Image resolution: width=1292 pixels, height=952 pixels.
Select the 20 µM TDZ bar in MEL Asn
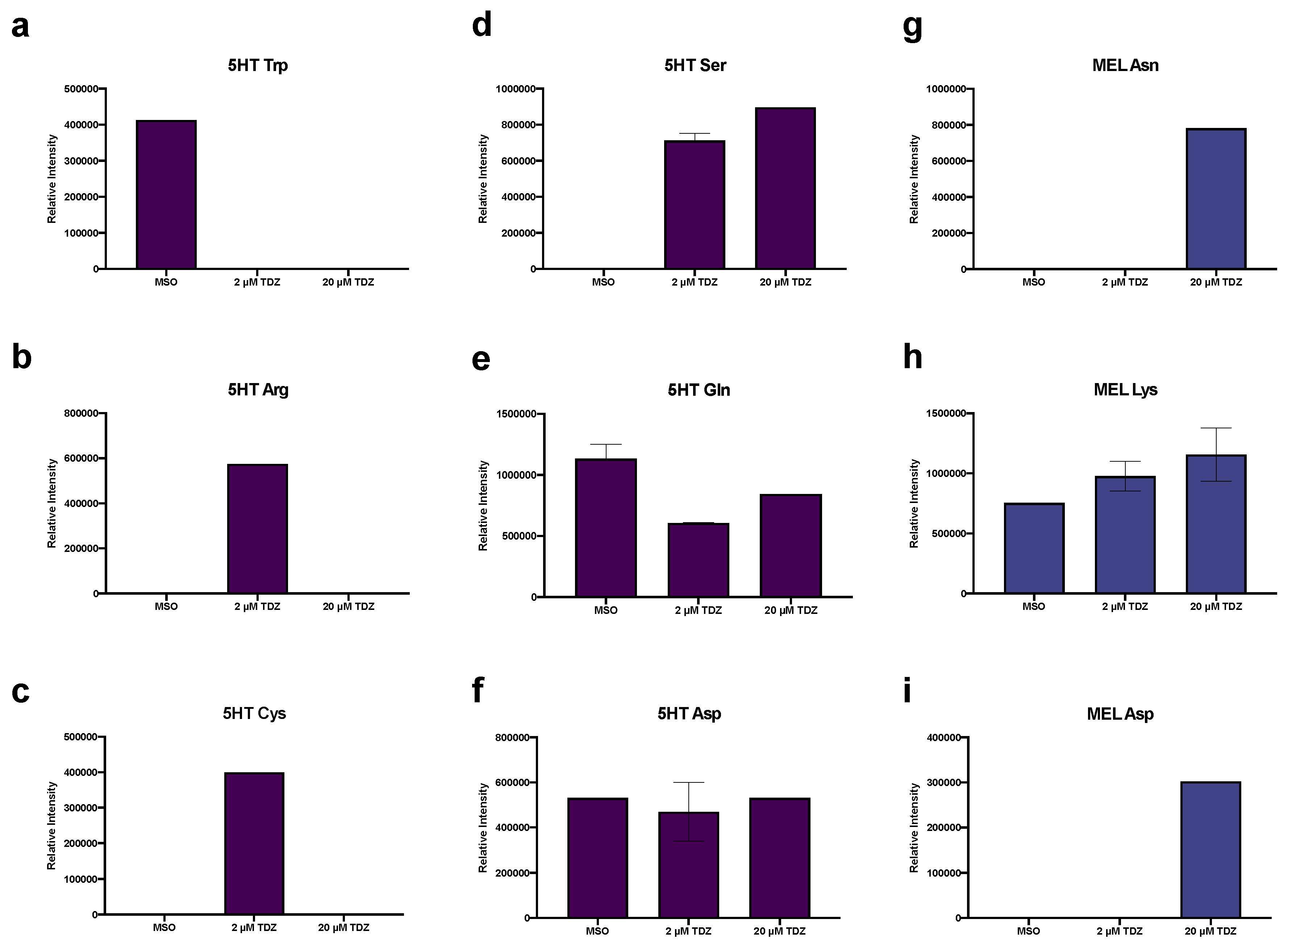click(x=1216, y=199)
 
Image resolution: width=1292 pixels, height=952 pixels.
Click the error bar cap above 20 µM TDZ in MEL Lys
click(x=1216, y=428)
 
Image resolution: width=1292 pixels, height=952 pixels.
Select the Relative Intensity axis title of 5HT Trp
click(x=52, y=179)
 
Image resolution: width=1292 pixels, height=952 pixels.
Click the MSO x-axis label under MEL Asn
click(x=1033, y=282)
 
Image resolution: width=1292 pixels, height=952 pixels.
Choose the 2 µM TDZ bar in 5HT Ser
click(x=694, y=205)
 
